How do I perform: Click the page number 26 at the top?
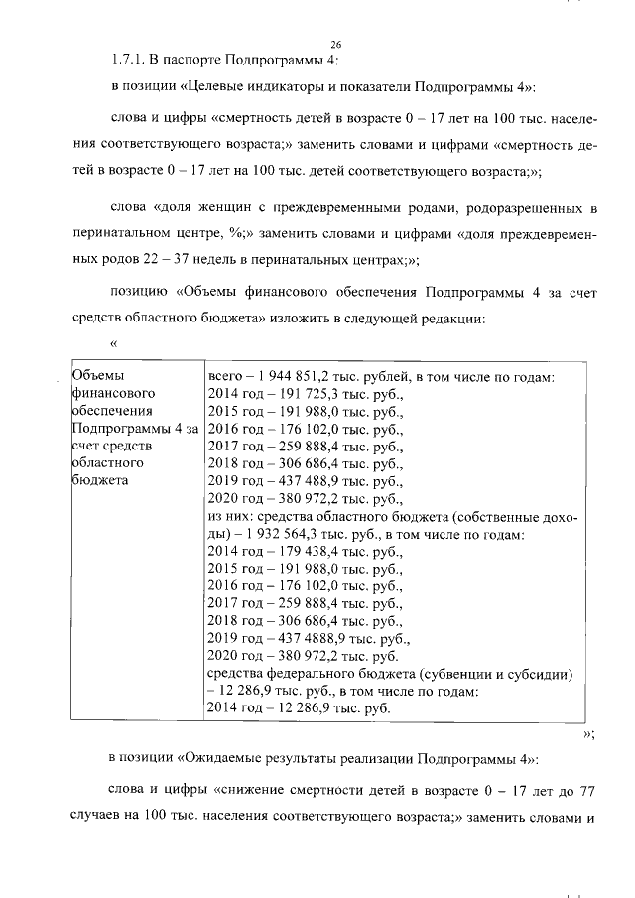coord(335,43)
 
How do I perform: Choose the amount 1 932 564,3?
coord(283,536)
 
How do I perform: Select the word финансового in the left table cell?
coord(110,394)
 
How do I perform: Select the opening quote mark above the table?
coord(114,343)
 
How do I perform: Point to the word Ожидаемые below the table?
coord(215,758)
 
